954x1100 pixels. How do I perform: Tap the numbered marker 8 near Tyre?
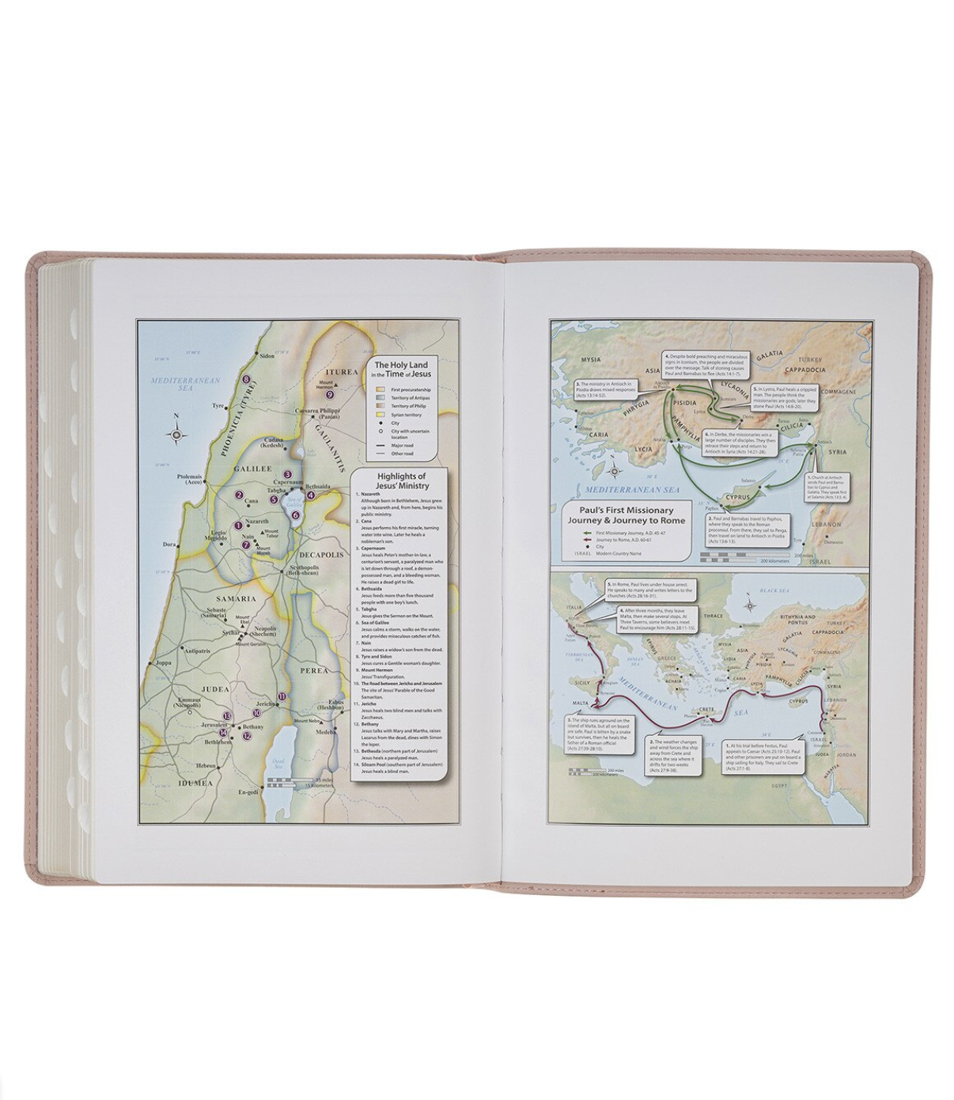pos(246,381)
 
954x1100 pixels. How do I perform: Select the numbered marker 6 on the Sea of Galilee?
pos(295,515)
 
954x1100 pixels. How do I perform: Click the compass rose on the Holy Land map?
pos(176,434)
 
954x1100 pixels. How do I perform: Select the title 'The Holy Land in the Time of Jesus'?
pos(403,369)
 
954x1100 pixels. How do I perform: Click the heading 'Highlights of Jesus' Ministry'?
pos(401,481)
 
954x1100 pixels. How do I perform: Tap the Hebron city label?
pos(207,765)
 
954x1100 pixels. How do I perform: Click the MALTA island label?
pos(580,703)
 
